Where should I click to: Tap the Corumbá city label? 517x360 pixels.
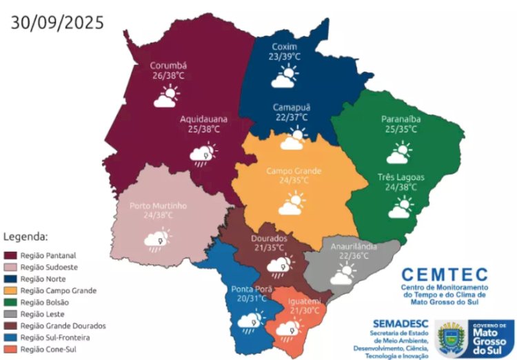point(169,66)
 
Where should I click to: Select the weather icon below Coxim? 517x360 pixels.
point(284,77)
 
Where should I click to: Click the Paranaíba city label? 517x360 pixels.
point(401,119)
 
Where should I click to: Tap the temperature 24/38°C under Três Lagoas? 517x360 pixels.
point(400,187)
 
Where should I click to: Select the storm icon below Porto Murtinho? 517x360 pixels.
point(157,239)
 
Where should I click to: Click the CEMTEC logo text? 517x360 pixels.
point(444,274)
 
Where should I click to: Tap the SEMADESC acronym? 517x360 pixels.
point(399,322)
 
